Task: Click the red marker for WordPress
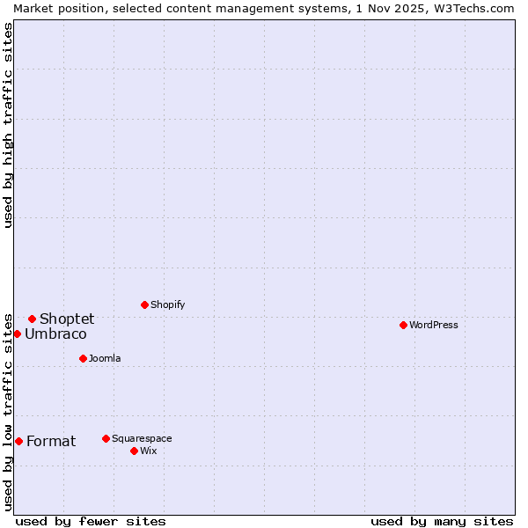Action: pyautogui.click(x=403, y=325)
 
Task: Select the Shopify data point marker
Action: pyautogui.click(x=144, y=304)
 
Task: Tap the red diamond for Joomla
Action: pyautogui.click(x=83, y=358)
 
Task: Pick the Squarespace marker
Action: pyautogui.click(x=106, y=438)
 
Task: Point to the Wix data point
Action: pyautogui.click(x=134, y=451)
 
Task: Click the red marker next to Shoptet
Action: pyautogui.click(x=32, y=319)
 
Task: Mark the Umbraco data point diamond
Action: pyautogui.click(x=17, y=334)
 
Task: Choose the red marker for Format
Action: pyautogui.click(x=18, y=441)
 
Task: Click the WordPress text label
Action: pyautogui.click(x=434, y=325)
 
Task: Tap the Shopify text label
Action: pyautogui.click(x=168, y=304)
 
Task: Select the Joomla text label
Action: pyautogui.click(x=105, y=358)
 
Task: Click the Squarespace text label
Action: pyautogui.click(x=142, y=438)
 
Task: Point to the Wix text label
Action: pyautogui.click(x=149, y=451)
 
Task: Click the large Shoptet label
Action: pyautogui.click(x=67, y=319)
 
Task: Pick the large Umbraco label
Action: pyautogui.click(x=55, y=334)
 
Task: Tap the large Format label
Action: pyautogui.click(x=51, y=441)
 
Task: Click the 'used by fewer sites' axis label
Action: pyautogui.click(x=91, y=521)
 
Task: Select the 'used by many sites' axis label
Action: pyautogui.click(x=442, y=521)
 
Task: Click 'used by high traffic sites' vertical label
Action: pyautogui.click(x=8, y=125)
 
